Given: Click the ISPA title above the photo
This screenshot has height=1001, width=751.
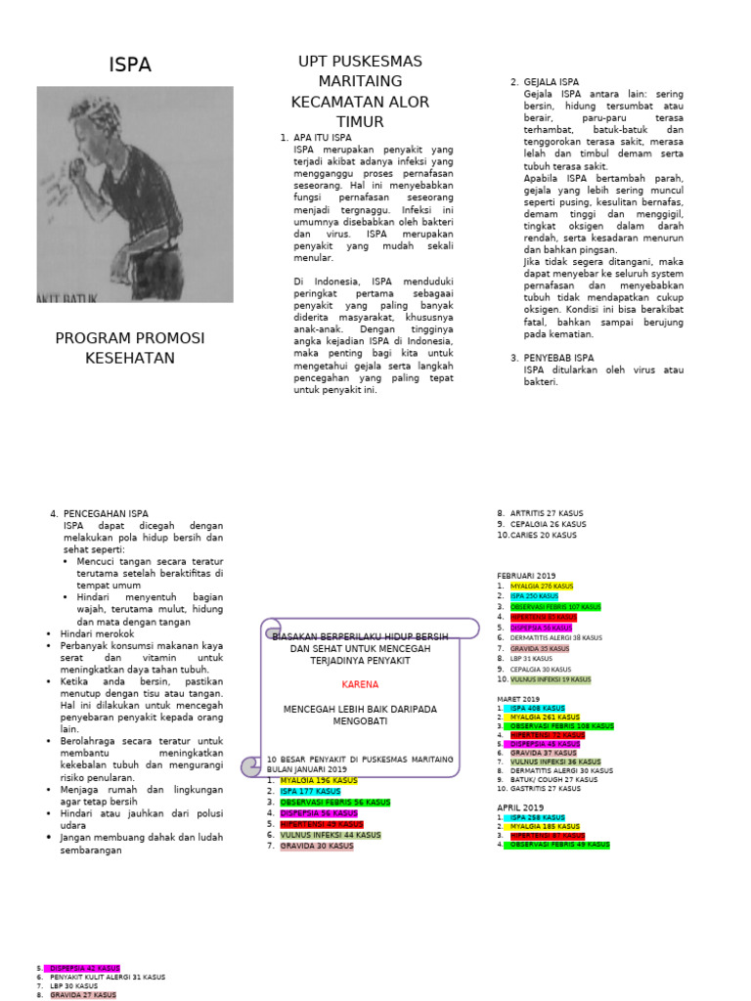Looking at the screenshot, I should pyautogui.click(x=129, y=65).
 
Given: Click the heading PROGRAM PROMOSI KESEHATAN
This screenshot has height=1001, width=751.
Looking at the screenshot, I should pyautogui.click(x=129, y=348).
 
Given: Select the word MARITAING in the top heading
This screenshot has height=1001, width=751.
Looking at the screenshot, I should pyautogui.click(x=359, y=81).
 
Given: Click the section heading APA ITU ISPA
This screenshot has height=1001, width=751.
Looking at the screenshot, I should pyautogui.click(x=322, y=138).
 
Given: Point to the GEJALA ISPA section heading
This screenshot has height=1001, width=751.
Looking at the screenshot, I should pyautogui.click(x=552, y=82).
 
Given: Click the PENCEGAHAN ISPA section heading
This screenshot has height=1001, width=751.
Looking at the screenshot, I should pyautogui.click(x=106, y=513).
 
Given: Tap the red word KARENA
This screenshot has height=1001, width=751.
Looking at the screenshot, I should pyautogui.click(x=359, y=685).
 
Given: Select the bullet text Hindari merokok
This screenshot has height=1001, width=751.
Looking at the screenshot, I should pyautogui.click(x=99, y=633).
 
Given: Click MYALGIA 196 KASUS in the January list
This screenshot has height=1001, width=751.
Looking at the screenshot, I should pyautogui.click(x=319, y=781).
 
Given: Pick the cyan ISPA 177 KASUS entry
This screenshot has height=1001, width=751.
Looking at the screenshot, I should pyautogui.click(x=310, y=792).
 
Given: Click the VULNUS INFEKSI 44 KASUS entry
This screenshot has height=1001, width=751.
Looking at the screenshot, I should pyautogui.click(x=331, y=835).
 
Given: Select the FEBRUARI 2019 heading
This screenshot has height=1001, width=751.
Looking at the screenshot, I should pyautogui.click(x=526, y=575).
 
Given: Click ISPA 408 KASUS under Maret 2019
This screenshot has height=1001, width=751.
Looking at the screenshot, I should pyautogui.click(x=537, y=708).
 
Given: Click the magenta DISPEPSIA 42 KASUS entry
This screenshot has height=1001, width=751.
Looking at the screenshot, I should pyautogui.click(x=84, y=968).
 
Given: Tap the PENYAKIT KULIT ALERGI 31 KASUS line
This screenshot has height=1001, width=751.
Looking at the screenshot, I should pyautogui.click(x=108, y=977).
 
